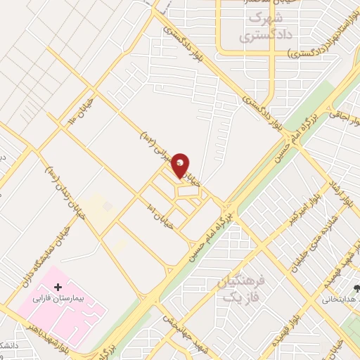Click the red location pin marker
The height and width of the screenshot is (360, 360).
181,165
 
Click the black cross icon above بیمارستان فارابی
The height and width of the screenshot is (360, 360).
57,287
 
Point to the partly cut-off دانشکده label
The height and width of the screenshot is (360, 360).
7,345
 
